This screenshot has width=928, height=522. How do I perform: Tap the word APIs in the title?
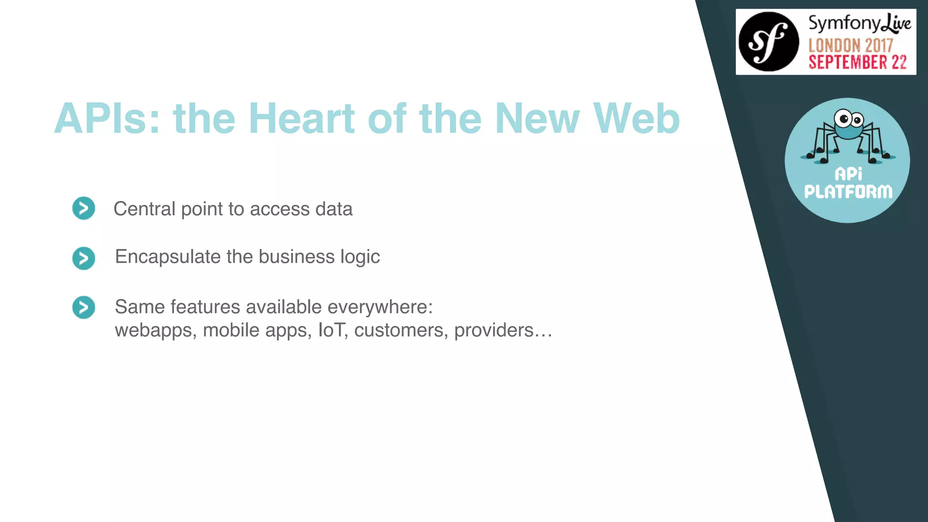point(107,119)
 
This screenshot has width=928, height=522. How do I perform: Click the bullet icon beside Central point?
point(84,208)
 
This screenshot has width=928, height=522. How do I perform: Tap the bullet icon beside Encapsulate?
point(84,258)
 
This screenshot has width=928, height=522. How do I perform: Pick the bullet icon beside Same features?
point(84,308)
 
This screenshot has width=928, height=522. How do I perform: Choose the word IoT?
point(333,330)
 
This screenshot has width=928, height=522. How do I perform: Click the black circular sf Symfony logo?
point(768,42)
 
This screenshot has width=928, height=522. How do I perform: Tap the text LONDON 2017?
point(851,45)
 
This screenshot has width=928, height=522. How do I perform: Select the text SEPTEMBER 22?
point(857,63)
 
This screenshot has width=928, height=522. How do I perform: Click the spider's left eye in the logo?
point(843,119)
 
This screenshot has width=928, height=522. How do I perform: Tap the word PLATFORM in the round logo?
point(848,192)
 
